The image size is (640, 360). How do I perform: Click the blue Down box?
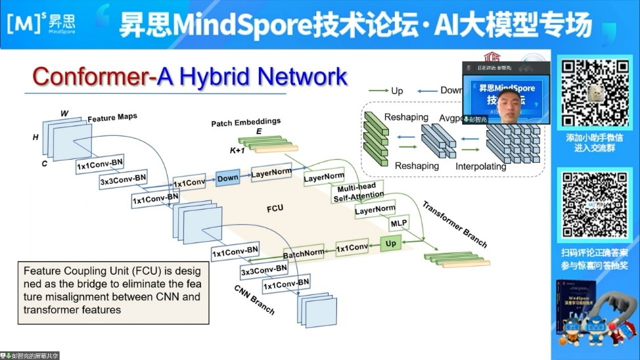click(228, 178)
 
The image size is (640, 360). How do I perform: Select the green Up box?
click(390, 244)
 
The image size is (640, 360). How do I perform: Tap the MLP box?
click(398, 223)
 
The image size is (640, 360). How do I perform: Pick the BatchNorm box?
click(304, 253)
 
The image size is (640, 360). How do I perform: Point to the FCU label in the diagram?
click(275, 210)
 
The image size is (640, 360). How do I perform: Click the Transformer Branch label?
click(454, 224)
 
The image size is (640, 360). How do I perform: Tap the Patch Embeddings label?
click(246, 122)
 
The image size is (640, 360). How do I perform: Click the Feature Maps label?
click(112, 118)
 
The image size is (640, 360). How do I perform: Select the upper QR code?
click(593, 94)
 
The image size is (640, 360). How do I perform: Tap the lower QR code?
click(593, 204)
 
